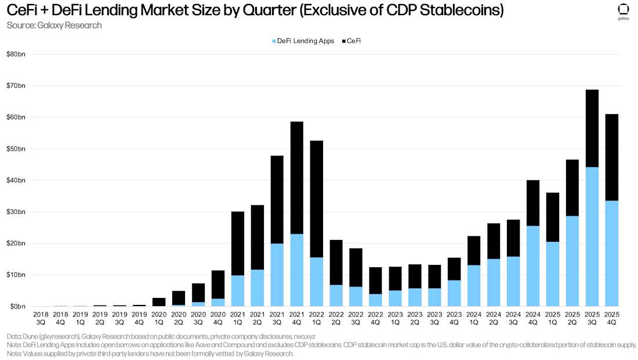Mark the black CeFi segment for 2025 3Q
592,128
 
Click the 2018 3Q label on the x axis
41,317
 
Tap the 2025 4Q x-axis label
612,317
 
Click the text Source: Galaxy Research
54,25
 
